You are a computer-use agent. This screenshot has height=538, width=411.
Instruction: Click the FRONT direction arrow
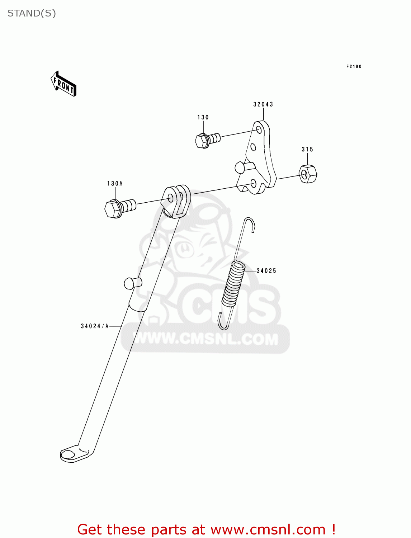coord(63,84)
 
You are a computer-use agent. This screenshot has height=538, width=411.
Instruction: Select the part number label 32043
coord(263,104)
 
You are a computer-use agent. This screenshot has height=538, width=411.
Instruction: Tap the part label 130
coord(203,117)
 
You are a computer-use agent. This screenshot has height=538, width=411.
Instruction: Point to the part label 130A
coord(115,184)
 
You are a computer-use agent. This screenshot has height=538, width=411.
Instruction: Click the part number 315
coord(307,149)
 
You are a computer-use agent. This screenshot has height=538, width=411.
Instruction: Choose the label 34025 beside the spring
coord(266,271)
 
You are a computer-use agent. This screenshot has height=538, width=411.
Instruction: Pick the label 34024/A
coord(95,326)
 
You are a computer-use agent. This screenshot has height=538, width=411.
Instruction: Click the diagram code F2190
coord(354,67)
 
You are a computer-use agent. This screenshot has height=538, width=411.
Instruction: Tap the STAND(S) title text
coord(32,13)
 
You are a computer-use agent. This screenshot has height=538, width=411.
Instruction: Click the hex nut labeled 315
coord(308,174)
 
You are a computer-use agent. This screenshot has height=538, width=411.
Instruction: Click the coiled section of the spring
coord(233,283)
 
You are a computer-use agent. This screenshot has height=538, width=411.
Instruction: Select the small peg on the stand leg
coord(132,283)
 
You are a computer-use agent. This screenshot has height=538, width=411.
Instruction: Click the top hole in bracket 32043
coord(259,129)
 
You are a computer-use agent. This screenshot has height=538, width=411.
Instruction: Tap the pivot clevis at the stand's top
coord(176,200)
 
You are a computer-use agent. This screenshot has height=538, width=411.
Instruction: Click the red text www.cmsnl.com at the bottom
coord(268,529)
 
